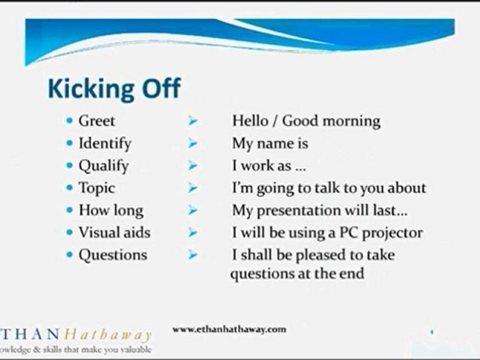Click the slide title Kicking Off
point(114,89)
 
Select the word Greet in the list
point(96,120)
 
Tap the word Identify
point(105,143)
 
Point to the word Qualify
point(104,166)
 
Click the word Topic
point(96,188)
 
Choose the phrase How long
point(111,210)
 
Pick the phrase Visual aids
point(115,232)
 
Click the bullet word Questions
point(113,255)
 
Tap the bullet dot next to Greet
point(70,120)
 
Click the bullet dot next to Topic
point(70,187)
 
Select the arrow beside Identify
point(192,143)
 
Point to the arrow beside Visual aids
point(192,232)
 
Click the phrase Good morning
point(331,121)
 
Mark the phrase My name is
point(270,144)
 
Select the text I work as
point(261,166)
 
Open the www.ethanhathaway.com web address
point(229,329)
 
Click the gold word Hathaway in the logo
point(108,334)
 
